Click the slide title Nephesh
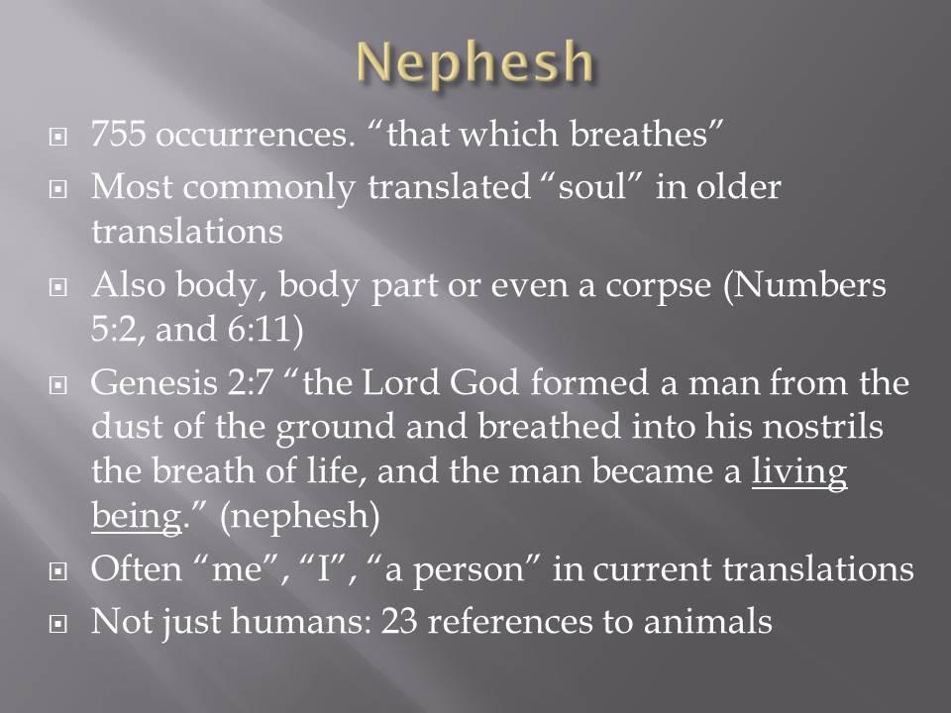click(x=475, y=62)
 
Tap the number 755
click(x=118, y=133)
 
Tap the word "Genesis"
click(x=155, y=383)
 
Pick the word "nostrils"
click(x=822, y=426)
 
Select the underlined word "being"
click(x=137, y=517)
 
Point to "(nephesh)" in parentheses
click(x=299, y=517)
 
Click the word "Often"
click(x=137, y=568)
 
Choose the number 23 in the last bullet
click(x=399, y=622)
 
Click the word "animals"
click(x=707, y=622)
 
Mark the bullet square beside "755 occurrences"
click(x=57, y=138)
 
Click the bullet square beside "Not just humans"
click(x=57, y=623)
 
